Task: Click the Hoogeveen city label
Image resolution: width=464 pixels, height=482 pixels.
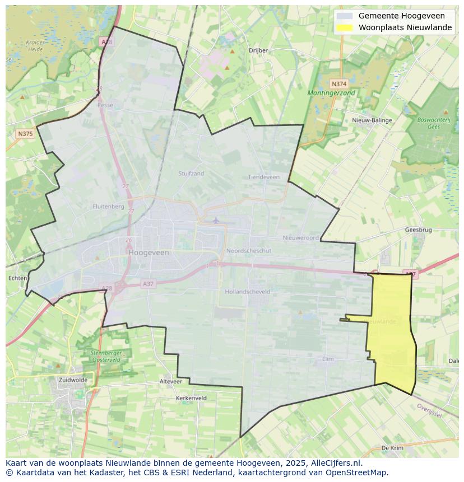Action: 149,252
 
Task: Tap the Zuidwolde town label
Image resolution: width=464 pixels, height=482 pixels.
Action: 73,380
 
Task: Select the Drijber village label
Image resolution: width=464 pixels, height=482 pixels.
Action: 258,50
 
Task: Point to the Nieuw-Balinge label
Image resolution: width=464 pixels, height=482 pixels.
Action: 372,120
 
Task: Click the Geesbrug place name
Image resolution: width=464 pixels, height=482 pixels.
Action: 418,230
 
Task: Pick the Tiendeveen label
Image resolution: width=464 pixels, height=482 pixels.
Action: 263,177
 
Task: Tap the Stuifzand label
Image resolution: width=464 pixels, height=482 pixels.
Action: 191,174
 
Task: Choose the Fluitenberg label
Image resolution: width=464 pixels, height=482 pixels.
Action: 108,207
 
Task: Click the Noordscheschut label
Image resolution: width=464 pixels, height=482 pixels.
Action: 248,251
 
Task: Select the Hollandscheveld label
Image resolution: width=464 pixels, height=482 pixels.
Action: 247,292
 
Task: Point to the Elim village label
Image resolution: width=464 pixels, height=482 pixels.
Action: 328,359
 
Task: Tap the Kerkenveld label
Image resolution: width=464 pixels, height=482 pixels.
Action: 191,398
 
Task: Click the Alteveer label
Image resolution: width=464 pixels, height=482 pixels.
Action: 171,381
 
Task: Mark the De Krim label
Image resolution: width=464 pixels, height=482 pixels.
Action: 392,448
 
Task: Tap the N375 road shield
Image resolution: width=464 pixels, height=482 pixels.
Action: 25,134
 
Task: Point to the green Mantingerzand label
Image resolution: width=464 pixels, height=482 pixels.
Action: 331,93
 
